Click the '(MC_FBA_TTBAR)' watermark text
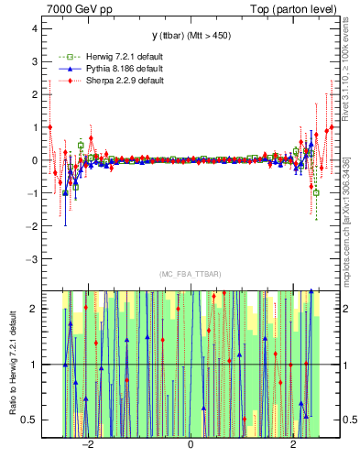[190, 275]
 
